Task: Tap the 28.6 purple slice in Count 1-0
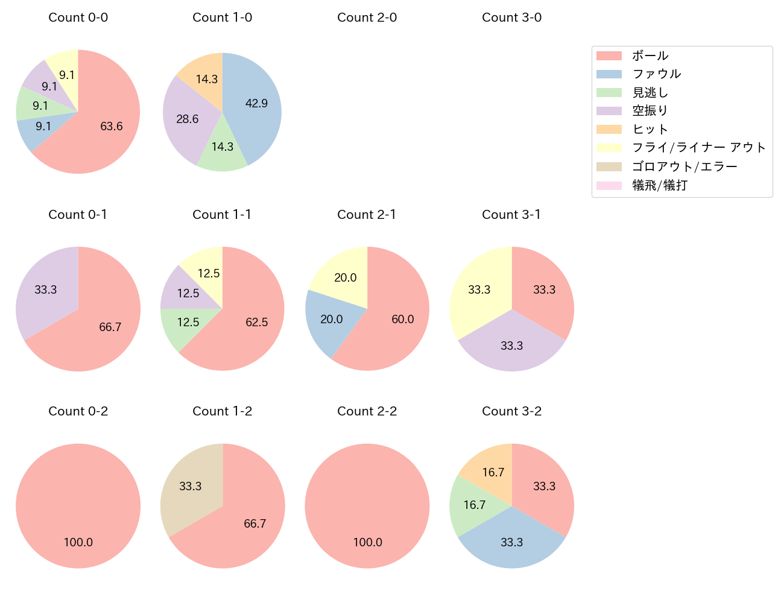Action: click(188, 119)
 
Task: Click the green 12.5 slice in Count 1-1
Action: click(188, 323)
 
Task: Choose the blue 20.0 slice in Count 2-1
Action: click(332, 319)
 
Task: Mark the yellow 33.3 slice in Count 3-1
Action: click(479, 290)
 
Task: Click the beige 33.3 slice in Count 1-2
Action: click(191, 487)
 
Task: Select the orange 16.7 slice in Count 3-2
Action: click(493, 472)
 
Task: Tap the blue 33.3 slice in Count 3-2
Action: click(511, 542)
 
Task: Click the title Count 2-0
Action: click(367, 17)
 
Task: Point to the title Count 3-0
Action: click(511, 17)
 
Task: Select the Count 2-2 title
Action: click(367, 411)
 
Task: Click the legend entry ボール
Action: click(650, 56)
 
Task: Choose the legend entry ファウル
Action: click(656, 74)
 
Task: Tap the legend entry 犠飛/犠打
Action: click(660, 185)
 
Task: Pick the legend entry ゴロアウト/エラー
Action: click(684, 166)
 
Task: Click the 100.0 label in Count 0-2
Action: click(78, 542)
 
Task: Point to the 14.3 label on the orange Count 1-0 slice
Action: click(207, 79)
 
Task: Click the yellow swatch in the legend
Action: click(609, 148)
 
